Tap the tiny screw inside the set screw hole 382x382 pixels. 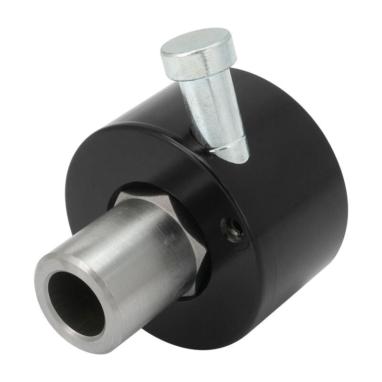coord(233,231)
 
